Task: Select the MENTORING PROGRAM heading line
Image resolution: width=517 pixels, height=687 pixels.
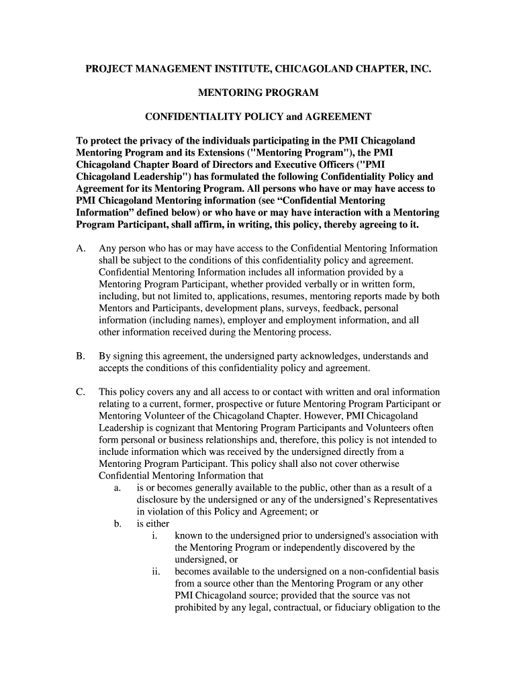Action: point(258,93)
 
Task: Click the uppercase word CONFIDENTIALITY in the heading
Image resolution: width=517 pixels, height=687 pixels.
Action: point(191,117)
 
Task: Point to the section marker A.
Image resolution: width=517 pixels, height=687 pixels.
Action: point(81,248)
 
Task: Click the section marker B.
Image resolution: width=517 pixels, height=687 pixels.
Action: point(81,356)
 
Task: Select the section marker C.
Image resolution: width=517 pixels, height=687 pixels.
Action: point(81,392)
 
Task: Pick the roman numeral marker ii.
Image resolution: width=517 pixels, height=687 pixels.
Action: point(156,572)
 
